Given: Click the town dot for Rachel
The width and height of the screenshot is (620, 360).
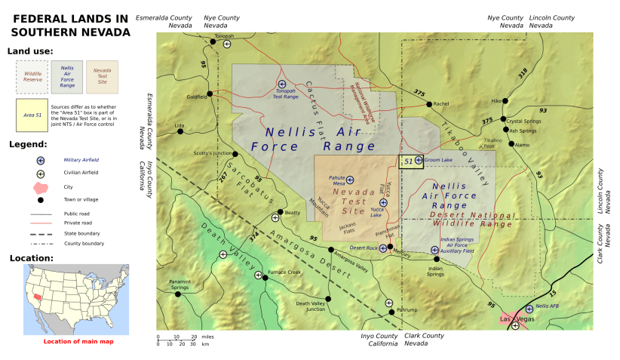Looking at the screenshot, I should [428, 104].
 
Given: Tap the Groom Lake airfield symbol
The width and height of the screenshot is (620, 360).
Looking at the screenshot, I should [419, 160].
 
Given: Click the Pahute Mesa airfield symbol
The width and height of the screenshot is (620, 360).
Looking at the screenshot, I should [349, 180].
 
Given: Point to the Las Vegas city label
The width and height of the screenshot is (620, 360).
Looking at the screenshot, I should [517, 319].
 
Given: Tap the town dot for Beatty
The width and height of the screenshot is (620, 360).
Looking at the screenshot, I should [281, 212].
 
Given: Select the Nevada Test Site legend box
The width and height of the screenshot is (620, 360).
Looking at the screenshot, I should [102, 75].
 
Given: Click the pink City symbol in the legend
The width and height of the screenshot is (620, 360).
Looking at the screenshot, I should [41, 186].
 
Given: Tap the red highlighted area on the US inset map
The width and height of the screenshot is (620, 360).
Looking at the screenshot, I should [38, 298].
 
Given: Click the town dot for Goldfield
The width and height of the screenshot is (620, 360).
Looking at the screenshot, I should [210, 95].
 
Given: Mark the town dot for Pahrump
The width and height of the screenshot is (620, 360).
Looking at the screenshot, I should [391, 311].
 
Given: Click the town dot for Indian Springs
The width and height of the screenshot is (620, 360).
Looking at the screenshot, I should [437, 259].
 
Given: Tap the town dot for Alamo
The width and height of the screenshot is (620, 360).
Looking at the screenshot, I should [511, 143].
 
